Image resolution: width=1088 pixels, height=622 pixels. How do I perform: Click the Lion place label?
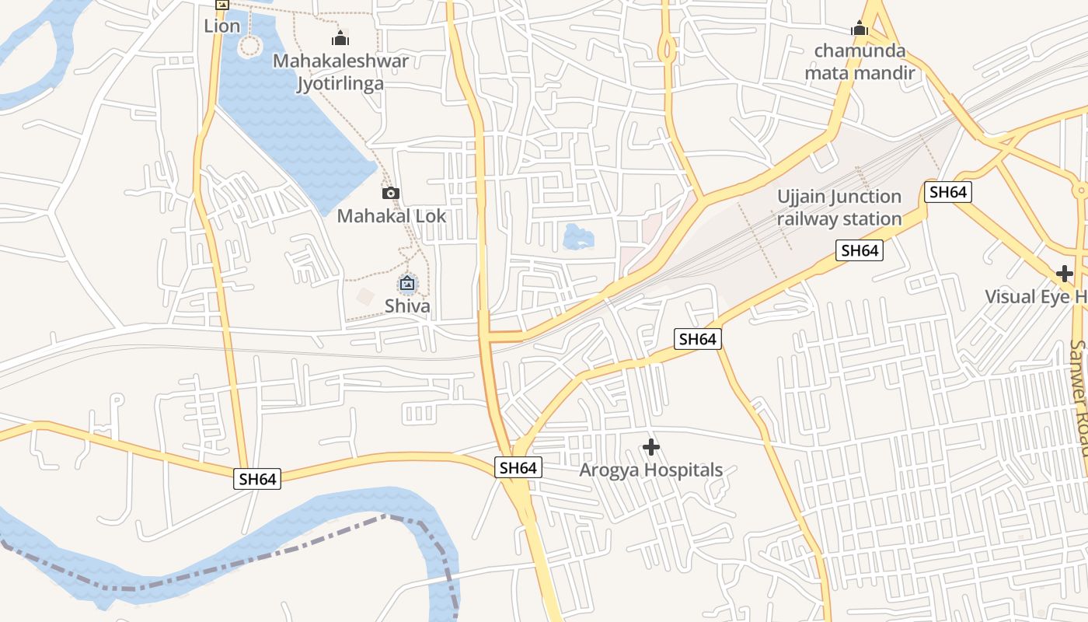[x=221, y=26]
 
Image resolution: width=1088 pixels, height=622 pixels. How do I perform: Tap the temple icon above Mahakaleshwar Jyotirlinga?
[x=340, y=37]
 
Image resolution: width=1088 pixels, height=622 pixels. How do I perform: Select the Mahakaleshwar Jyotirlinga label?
[x=340, y=72]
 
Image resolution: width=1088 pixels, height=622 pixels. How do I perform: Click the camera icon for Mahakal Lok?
[x=391, y=193]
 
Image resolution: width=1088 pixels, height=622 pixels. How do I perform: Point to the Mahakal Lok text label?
[x=391, y=215]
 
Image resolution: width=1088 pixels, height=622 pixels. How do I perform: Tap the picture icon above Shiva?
[x=407, y=284]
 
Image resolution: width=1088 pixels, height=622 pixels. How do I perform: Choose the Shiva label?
[x=407, y=306]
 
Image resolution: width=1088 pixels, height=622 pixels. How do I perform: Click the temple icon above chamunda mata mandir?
[x=859, y=29]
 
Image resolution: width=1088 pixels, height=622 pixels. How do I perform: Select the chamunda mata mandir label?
[x=860, y=62]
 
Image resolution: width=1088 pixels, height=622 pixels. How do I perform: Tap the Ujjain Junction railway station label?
[x=839, y=208]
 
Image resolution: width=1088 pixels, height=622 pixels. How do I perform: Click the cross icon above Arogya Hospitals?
[x=651, y=447]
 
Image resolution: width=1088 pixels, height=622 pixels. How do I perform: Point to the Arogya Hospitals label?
[x=651, y=470]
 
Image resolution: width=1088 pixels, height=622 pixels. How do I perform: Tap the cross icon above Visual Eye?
[x=1065, y=274]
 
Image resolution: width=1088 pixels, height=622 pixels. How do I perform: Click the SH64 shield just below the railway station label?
[x=860, y=250]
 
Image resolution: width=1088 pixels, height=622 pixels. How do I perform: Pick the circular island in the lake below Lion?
[x=249, y=47]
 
